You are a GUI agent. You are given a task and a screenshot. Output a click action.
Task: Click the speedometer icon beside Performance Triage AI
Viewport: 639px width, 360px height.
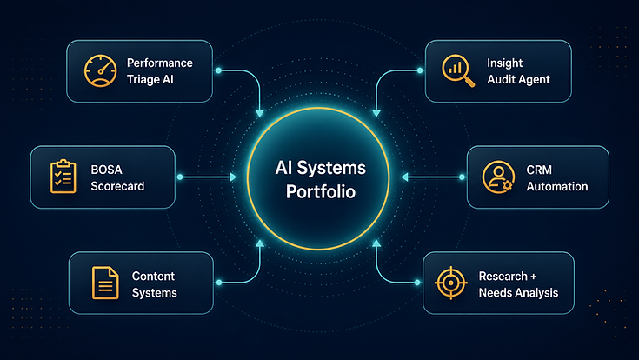click(100, 71)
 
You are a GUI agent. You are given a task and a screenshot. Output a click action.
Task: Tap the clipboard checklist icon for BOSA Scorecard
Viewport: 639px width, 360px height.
click(63, 177)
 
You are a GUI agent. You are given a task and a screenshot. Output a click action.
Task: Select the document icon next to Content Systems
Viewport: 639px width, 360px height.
click(105, 283)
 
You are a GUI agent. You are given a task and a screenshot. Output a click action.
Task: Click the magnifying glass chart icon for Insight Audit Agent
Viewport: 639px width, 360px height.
click(458, 70)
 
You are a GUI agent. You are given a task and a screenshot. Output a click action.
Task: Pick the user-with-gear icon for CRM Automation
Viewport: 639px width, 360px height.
click(497, 177)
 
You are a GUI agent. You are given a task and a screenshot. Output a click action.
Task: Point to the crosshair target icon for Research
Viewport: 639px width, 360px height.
click(450, 283)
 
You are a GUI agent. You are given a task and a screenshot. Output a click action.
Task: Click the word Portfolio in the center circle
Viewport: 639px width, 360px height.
click(321, 192)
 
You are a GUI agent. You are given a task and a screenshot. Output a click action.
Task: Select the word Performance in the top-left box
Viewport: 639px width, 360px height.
click(160, 63)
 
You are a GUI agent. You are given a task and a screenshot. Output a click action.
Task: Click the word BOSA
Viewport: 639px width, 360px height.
click(106, 170)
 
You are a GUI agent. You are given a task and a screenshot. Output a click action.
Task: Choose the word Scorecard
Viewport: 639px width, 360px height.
click(117, 186)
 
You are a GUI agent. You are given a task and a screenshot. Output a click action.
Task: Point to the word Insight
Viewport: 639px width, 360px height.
click(504, 63)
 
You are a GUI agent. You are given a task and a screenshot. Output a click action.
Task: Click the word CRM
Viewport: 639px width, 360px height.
click(539, 170)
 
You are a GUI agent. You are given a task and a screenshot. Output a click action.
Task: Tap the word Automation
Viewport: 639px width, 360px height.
click(557, 186)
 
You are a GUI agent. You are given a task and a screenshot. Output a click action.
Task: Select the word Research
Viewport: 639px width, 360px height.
click(503, 276)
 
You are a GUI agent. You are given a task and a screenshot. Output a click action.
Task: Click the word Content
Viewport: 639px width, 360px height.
click(153, 276)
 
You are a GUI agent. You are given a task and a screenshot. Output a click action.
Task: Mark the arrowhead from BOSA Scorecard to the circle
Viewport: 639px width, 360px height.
click(233, 177)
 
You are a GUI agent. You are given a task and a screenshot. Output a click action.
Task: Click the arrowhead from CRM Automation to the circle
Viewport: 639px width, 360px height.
click(404, 177)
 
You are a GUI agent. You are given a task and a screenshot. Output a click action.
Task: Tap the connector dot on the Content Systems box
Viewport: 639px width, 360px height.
click(219, 283)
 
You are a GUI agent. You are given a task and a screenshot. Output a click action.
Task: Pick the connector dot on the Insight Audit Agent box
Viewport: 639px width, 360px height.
click(420, 70)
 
